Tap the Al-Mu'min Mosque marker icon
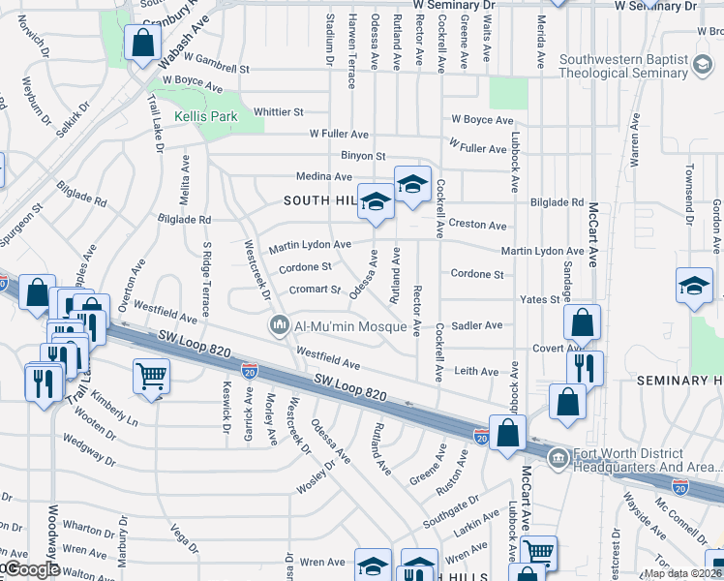[280, 325]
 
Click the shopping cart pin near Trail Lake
[151, 376]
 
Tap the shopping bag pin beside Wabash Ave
[142, 44]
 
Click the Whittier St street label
[279, 112]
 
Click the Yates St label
[540, 299]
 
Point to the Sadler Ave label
[477, 325]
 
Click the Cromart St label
[315, 290]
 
